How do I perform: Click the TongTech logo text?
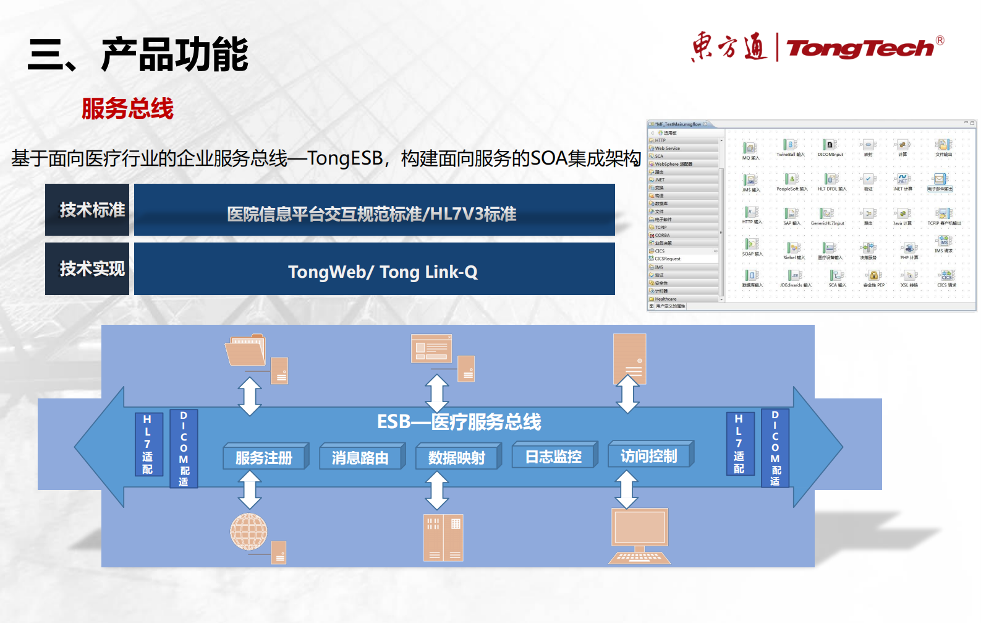tap(859, 48)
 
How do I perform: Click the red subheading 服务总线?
tap(127, 109)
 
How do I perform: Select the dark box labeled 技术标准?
tap(87, 210)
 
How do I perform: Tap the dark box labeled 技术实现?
tap(87, 269)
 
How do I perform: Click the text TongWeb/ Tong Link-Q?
tap(382, 272)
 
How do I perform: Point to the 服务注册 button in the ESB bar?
tap(264, 457)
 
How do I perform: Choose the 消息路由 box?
tap(360, 457)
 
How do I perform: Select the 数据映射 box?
tap(457, 457)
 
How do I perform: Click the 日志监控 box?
tap(553, 457)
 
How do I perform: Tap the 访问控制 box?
tap(649, 456)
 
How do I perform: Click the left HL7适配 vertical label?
tap(148, 444)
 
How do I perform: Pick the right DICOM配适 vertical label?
tap(775, 448)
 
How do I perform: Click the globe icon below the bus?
tap(248, 531)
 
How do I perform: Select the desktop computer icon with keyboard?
tap(640, 535)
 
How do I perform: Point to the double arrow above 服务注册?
tap(250, 396)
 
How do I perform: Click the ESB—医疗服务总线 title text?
tap(459, 422)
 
